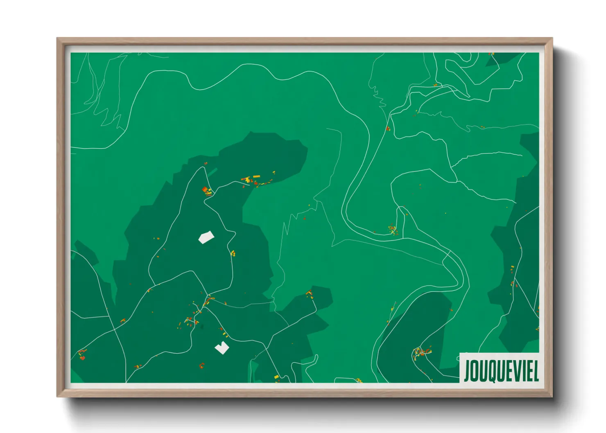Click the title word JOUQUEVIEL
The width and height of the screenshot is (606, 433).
(501, 370)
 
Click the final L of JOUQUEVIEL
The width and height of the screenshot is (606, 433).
(535, 370)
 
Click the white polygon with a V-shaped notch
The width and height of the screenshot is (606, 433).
(222, 348)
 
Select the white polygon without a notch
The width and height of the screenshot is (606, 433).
(206, 237)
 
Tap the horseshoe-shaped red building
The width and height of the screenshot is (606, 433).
(202, 365)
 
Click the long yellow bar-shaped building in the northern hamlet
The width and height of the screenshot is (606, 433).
(256, 176)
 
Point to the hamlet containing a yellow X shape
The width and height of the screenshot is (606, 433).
(392, 230)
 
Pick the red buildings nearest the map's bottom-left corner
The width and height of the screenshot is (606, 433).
(82, 355)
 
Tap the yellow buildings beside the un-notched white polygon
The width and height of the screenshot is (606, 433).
(233, 253)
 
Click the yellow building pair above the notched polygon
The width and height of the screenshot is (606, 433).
(224, 333)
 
